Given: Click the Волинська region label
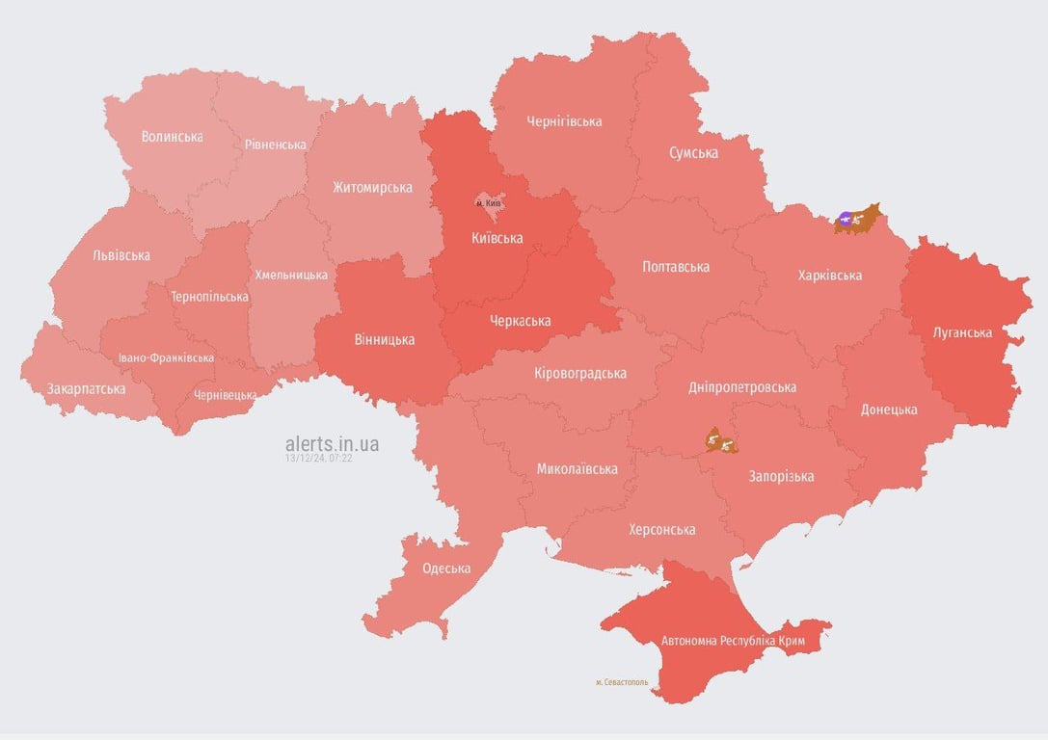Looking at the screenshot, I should pyautogui.click(x=172, y=137).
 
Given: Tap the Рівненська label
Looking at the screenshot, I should pyautogui.click(x=275, y=145).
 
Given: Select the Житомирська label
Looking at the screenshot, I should pyautogui.click(x=372, y=187).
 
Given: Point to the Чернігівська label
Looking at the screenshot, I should pyautogui.click(x=564, y=121).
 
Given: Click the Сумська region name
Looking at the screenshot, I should pyautogui.click(x=693, y=153).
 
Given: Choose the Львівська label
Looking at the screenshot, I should pyautogui.click(x=121, y=255).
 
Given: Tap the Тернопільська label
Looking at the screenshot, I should pyautogui.click(x=209, y=297).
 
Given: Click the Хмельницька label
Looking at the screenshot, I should pyautogui.click(x=291, y=275).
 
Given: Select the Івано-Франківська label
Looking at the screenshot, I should pyautogui.click(x=166, y=357).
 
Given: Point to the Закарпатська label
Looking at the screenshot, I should pyautogui.click(x=86, y=389).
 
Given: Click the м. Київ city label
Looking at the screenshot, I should pyautogui.click(x=489, y=203).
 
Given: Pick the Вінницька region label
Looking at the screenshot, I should pyautogui.click(x=385, y=339).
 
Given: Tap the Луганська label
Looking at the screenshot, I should pyautogui.click(x=962, y=332).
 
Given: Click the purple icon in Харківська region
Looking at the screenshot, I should pyautogui.click(x=846, y=220).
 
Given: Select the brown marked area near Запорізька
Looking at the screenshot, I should pyautogui.click(x=720, y=441).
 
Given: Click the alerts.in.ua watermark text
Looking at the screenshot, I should pyautogui.click(x=332, y=443).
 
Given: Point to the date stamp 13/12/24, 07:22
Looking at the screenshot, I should pyautogui.click(x=318, y=459).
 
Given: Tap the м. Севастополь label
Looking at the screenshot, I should pyautogui.click(x=622, y=682).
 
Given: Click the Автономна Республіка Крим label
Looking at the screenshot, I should pyautogui.click(x=733, y=640).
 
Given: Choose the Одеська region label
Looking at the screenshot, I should pyautogui.click(x=446, y=568).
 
